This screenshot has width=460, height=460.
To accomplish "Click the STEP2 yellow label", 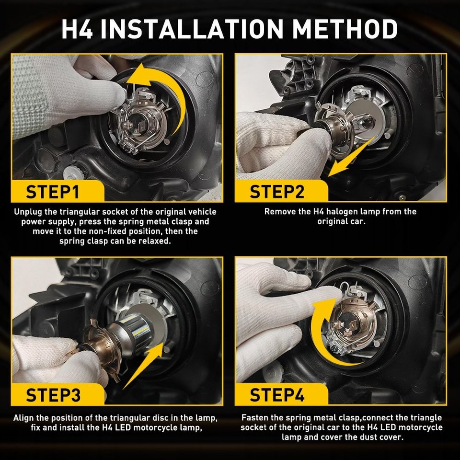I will click(x=277, y=192).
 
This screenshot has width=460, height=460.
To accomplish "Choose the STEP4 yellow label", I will click(x=277, y=395).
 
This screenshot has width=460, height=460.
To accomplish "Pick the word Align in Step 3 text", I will click(x=23, y=417).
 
